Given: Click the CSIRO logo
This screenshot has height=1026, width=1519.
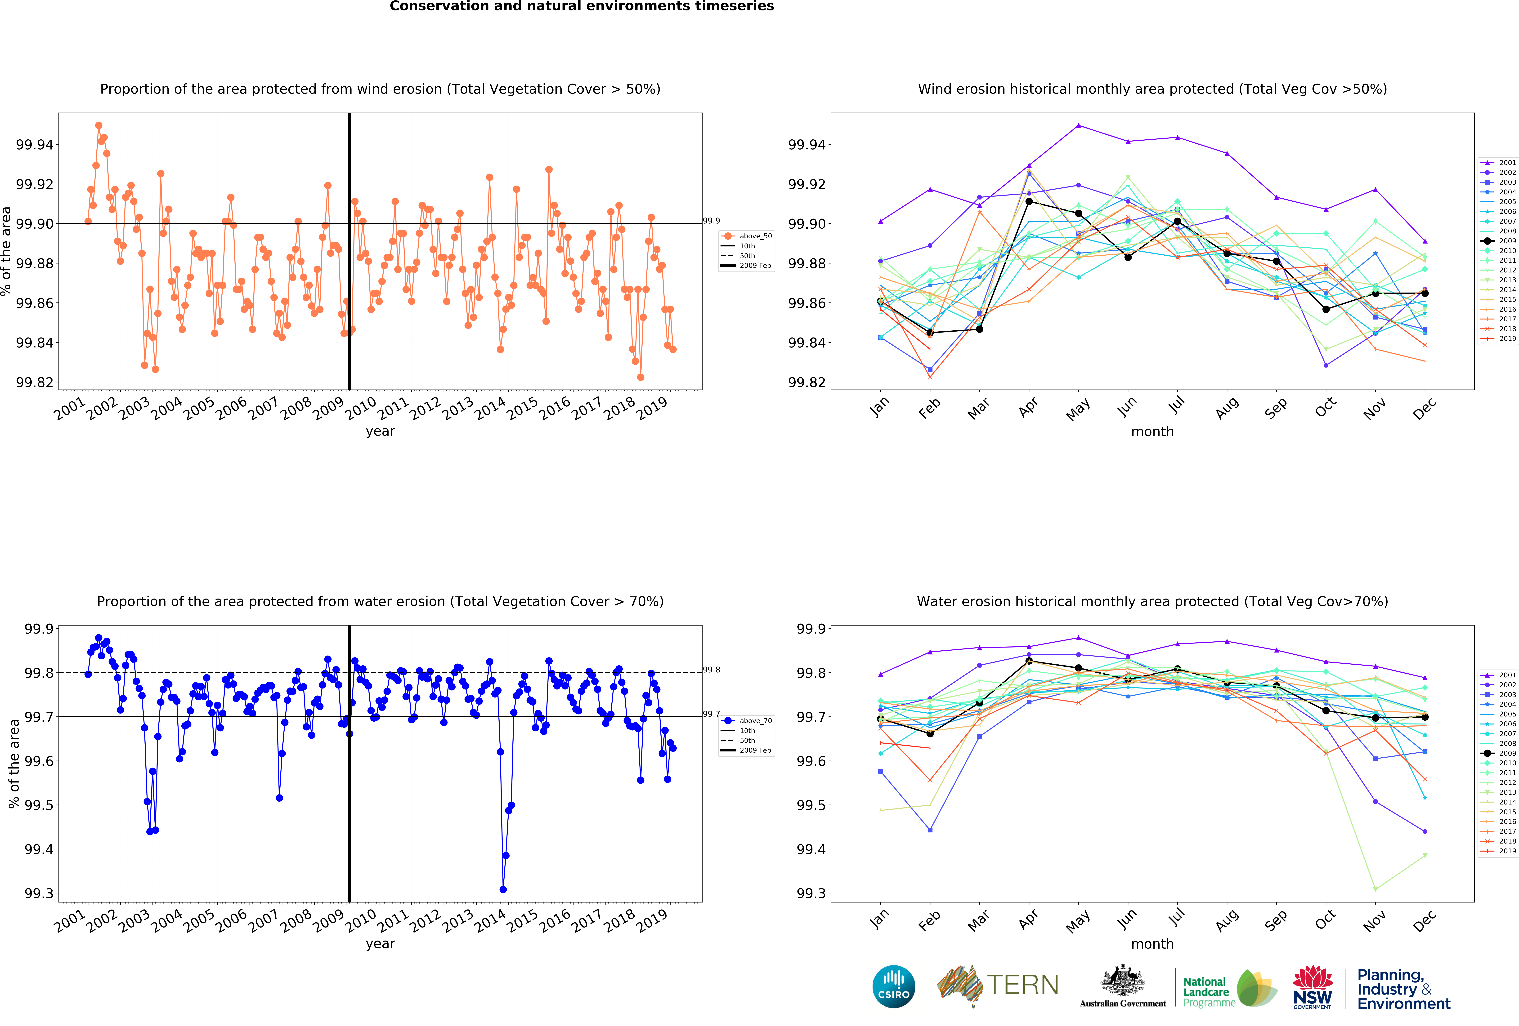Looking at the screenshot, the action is pos(893,986).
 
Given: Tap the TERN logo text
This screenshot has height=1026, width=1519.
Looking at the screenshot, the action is pos(1023,985).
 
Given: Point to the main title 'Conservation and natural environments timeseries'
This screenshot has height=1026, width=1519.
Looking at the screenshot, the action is pos(582,7).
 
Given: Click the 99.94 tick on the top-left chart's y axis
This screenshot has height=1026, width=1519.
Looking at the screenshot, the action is pos(35,144).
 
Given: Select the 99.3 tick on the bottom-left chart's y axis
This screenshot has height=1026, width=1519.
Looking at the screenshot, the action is pos(39,893).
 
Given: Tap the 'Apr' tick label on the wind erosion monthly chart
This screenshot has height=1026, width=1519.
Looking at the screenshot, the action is pos(1027,406).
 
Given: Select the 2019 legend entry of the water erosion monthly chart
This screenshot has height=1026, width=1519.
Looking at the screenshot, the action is pos(1498,851).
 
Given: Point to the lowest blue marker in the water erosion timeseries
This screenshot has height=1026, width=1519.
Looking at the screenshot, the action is pos(503,889).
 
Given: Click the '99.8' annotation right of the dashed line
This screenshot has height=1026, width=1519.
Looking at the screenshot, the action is pos(712,670).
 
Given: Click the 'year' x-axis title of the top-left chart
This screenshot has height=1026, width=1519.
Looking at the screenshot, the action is pos(380,431).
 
